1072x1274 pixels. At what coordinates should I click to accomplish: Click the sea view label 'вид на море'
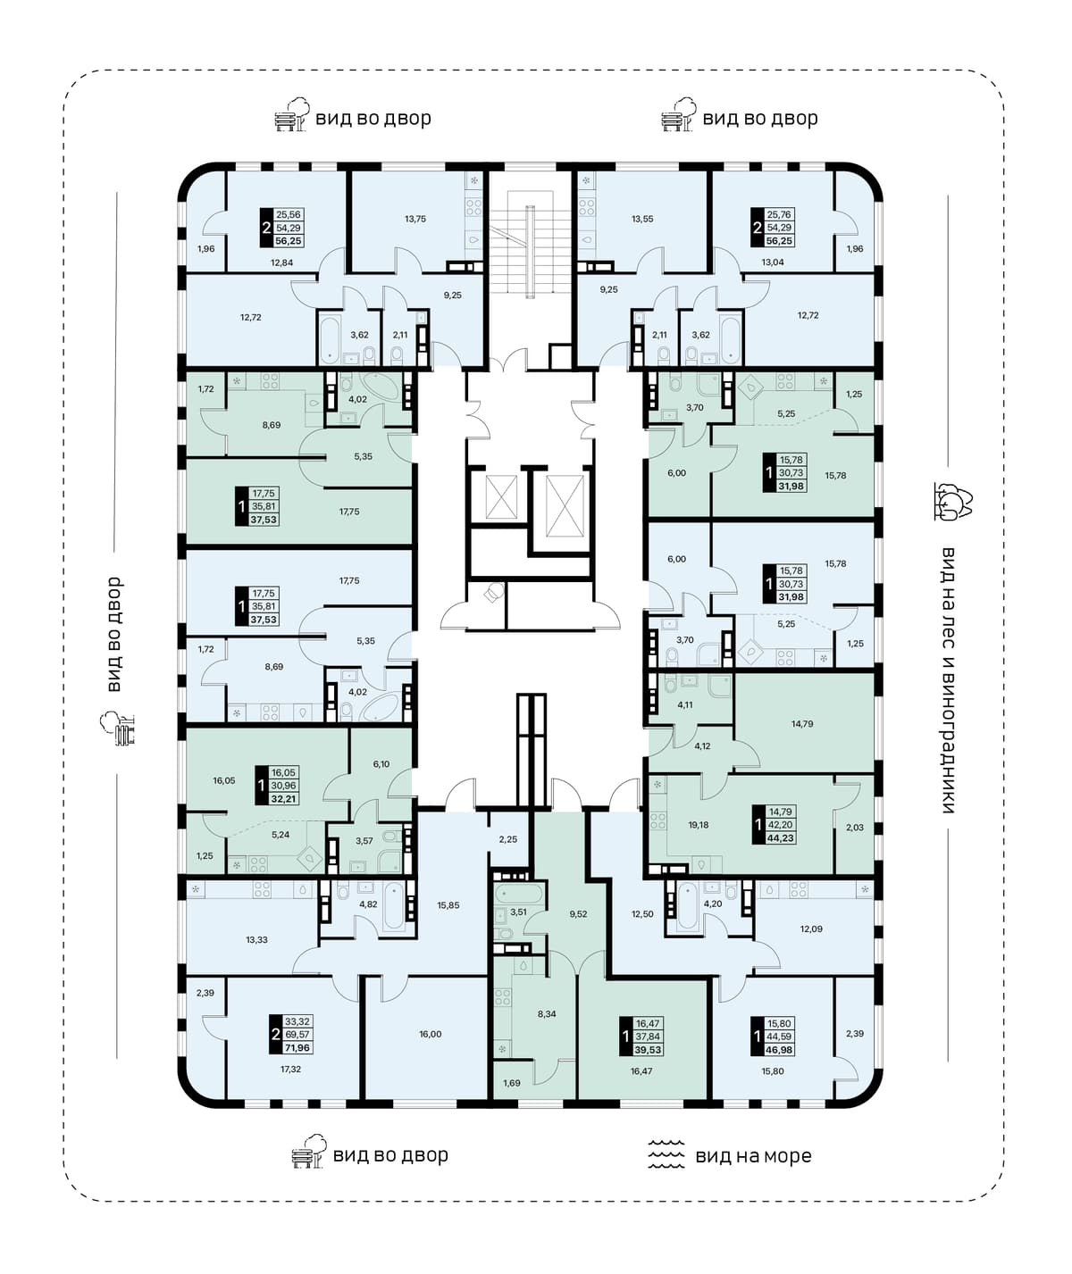753,1156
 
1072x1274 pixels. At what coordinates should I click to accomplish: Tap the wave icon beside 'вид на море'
666,1154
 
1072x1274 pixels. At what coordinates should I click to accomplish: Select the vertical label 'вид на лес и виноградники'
949,680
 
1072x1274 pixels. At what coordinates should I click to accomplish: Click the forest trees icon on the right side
953,502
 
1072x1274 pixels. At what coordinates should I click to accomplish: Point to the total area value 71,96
297,1047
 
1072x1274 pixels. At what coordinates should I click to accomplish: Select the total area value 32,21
284,798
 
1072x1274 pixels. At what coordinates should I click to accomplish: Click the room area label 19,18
699,824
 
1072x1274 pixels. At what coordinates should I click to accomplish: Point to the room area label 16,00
431,1034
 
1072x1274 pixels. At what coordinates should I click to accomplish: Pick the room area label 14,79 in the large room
802,724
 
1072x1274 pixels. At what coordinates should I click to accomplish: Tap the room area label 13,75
415,219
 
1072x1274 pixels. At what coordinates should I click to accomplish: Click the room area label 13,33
256,939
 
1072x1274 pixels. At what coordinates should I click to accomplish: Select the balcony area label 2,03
855,828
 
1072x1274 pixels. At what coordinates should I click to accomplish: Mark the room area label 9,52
578,914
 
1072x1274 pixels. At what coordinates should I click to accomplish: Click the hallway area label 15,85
448,905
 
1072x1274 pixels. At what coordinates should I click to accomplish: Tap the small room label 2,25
508,839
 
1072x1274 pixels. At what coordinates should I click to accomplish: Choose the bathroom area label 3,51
518,912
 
